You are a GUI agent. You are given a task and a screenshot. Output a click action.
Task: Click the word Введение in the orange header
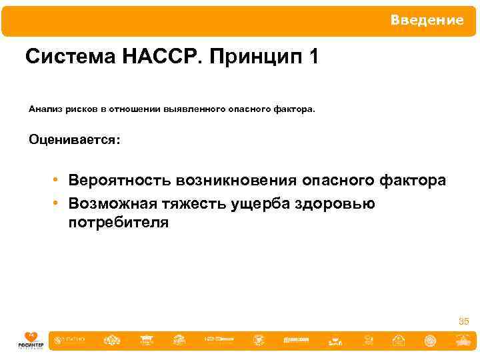coord(427,21)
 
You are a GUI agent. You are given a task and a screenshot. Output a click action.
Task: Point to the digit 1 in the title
coord(313,57)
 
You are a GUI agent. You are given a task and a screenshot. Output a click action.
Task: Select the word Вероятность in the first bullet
coord(119,181)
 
